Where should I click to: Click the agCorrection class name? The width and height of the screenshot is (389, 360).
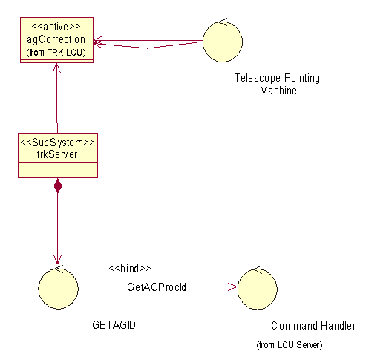click(56, 40)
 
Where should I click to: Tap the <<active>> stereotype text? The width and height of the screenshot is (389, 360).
click(56, 27)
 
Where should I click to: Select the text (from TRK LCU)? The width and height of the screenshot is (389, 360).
click(56, 53)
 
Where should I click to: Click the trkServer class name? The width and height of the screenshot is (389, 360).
click(57, 154)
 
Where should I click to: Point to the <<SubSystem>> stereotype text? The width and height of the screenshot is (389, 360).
click(58, 143)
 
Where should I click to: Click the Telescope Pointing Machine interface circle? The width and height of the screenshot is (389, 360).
click(223, 41)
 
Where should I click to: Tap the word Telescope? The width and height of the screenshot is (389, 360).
click(258, 78)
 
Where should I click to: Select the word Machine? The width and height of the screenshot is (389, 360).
click(278, 91)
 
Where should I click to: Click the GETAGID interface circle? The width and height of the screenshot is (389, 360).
click(58, 289)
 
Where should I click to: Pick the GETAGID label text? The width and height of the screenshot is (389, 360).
click(114, 325)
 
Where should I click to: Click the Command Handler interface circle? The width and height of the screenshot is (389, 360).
click(258, 289)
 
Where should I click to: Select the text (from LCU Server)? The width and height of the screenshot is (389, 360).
click(290, 345)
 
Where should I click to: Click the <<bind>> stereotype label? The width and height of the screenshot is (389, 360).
click(130, 269)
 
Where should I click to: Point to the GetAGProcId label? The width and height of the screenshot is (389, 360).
click(157, 287)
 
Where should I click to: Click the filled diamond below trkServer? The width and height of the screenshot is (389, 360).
click(58, 186)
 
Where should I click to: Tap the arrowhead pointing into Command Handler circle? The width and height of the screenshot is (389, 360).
click(232, 287)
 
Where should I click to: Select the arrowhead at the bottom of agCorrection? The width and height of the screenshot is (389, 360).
click(56, 68)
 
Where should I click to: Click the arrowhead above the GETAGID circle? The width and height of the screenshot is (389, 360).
click(57, 260)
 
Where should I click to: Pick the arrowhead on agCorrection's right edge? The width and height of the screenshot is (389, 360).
click(98, 42)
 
